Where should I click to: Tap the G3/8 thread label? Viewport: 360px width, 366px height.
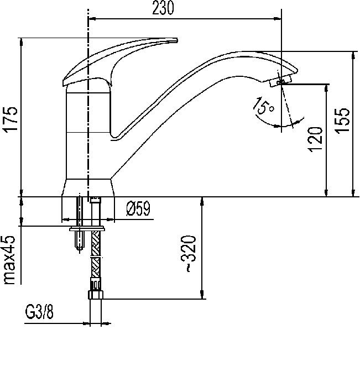coord(39,313)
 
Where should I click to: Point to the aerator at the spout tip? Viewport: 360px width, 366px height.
coord(276,82)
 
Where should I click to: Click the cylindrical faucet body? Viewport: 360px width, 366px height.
coord(88,133)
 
